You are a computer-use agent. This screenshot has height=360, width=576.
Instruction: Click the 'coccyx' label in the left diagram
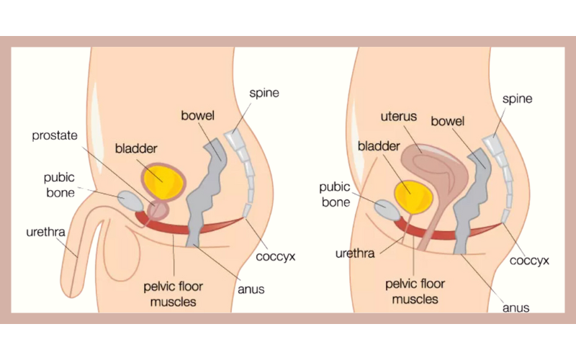tap(276, 256)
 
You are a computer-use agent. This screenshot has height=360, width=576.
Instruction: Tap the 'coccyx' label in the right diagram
tap(529, 260)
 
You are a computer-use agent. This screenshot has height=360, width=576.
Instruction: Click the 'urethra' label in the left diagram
tap(46, 232)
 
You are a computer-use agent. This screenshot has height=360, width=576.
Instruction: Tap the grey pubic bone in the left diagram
tap(131, 199)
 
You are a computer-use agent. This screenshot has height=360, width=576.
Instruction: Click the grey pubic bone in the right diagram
tap(385, 210)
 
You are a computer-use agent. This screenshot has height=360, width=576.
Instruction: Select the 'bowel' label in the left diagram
tap(198, 115)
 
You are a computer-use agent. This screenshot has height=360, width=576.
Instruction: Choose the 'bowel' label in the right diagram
tap(448, 121)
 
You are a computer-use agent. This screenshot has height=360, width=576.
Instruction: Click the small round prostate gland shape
tap(158, 211)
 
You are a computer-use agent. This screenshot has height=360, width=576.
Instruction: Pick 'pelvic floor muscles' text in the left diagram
tap(173, 294)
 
